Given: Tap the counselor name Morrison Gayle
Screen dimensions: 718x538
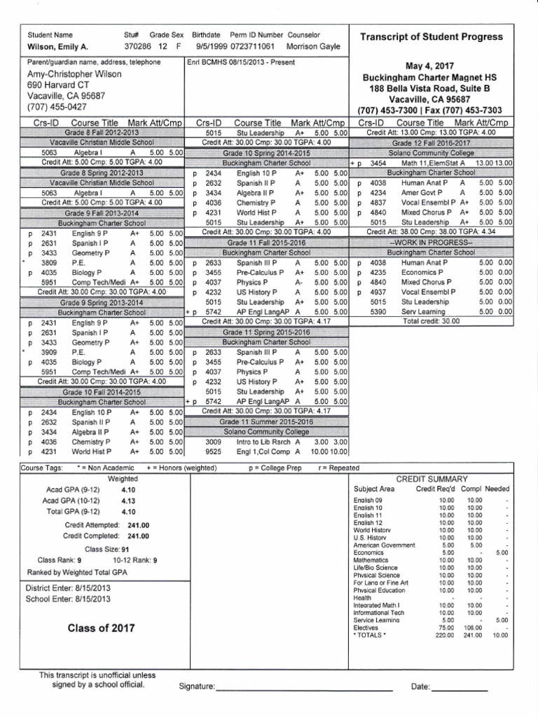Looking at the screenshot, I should tap(313, 46).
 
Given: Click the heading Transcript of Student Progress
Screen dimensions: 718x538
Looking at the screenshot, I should tap(431, 36).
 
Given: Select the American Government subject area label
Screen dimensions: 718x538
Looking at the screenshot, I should tap(385, 545).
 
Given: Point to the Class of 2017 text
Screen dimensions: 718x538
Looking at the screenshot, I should tap(102, 628).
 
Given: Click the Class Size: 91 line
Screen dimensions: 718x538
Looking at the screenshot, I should tap(106, 549).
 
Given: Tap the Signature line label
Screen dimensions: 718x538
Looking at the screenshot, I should tap(198, 687).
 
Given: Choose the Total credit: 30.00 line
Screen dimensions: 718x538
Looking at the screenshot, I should tap(431, 321).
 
